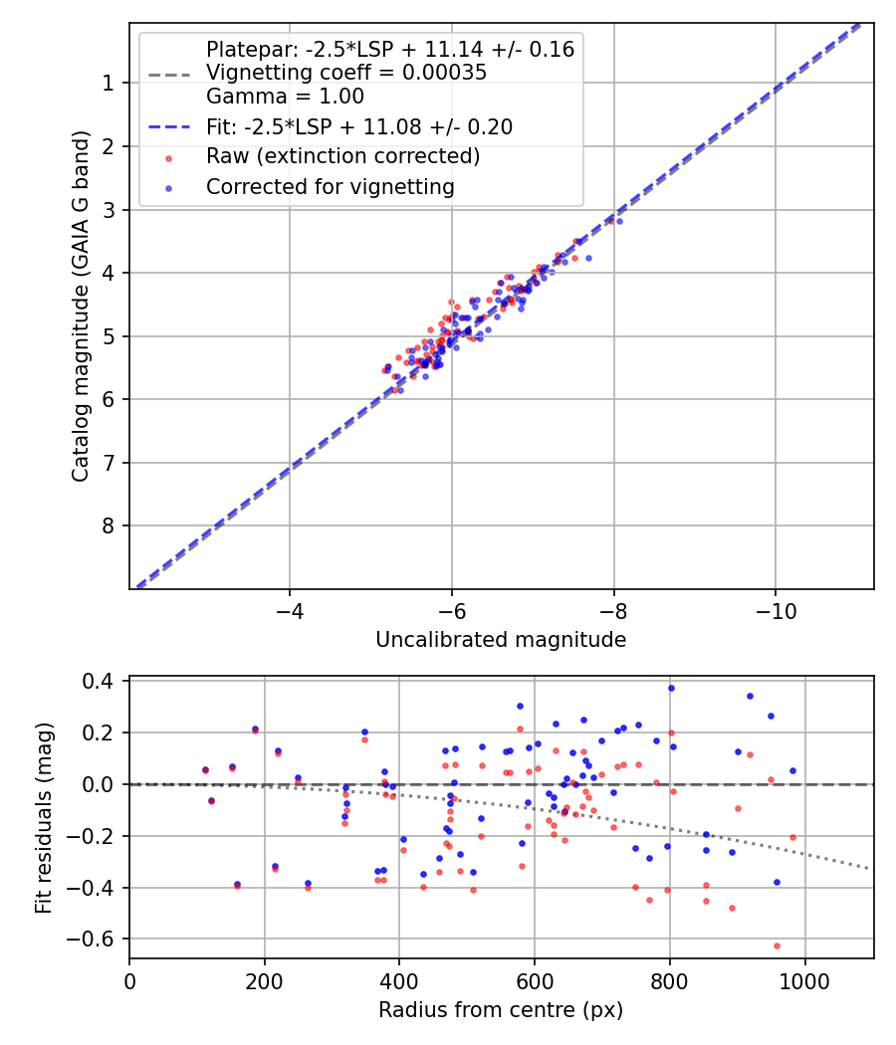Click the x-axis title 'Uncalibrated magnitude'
point(501,640)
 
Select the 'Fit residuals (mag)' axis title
point(43,817)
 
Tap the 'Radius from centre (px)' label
point(501,1010)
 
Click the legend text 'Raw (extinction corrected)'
point(342,156)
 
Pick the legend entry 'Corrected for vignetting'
point(330,186)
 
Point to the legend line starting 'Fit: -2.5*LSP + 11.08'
point(359,126)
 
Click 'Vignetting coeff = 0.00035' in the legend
point(345,73)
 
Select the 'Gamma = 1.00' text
point(285,97)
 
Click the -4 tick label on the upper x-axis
point(290,610)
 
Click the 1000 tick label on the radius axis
point(804,980)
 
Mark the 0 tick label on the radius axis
point(129,980)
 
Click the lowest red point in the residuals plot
point(777,945)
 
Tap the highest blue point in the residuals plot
point(671,688)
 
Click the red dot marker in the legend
point(168,157)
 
